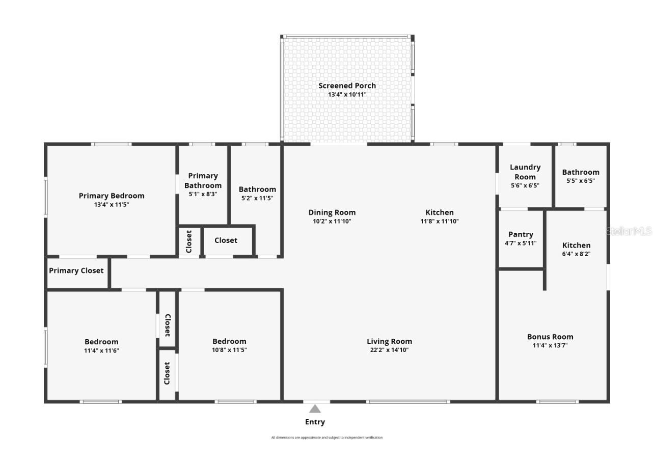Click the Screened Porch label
(347, 86)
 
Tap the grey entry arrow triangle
(315, 409)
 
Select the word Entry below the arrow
(315, 422)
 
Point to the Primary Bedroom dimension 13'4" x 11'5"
(112, 204)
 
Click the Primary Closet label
(76, 270)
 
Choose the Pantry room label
(521, 234)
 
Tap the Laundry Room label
(525, 172)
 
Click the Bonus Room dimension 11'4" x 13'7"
(550, 345)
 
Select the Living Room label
(389, 341)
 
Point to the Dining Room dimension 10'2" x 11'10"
(332, 221)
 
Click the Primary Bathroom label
(203, 180)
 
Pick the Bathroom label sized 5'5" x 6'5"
(581, 172)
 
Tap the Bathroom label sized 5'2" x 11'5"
(257, 189)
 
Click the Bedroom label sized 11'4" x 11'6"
(101, 342)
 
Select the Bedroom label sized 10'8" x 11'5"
(229, 341)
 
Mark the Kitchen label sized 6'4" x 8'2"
(576, 245)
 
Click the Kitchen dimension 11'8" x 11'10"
(440, 221)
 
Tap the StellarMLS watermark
(629, 231)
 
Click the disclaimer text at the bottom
(326, 438)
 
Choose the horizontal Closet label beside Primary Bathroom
(226, 240)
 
